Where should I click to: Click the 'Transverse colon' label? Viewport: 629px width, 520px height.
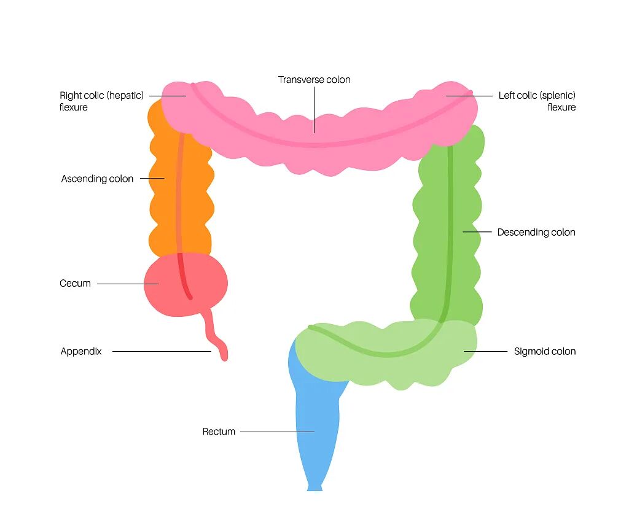tap(314, 80)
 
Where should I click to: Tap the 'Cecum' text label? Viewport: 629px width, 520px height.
tap(75, 284)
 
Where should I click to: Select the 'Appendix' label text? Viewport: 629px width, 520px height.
tap(81, 352)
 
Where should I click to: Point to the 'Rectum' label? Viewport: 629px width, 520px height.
tap(219, 432)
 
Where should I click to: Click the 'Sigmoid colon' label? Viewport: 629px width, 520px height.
tap(545, 352)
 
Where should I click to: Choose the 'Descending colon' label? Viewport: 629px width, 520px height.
tap(536, 232)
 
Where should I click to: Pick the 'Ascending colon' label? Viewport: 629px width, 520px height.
tap(97, 179)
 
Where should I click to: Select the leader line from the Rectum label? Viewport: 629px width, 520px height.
tap(276, 432)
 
